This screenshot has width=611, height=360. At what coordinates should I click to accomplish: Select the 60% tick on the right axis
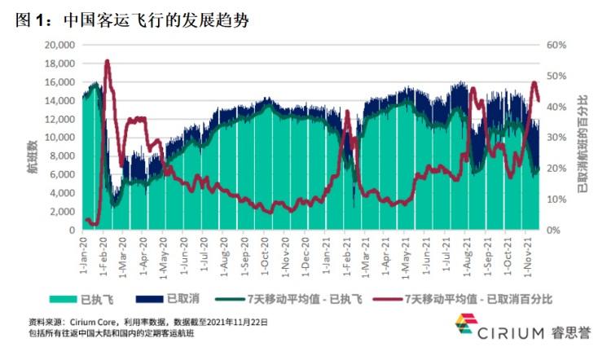tap(556, 45)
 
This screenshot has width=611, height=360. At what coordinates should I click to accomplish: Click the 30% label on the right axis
tap(556, 138)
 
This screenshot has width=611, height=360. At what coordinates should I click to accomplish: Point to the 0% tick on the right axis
tap(554, 230)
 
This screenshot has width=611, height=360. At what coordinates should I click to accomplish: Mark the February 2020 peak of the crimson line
tap(108, 61)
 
